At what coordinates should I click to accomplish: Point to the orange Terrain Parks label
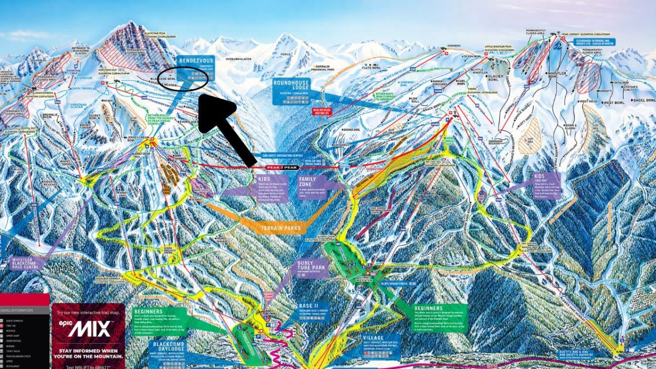pyautogui.click(x=282, y=228)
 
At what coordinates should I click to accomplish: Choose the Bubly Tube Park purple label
pyautogui.click(x=311, y=267)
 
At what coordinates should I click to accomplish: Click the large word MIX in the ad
pyautogui.click(x=91, y=329)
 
